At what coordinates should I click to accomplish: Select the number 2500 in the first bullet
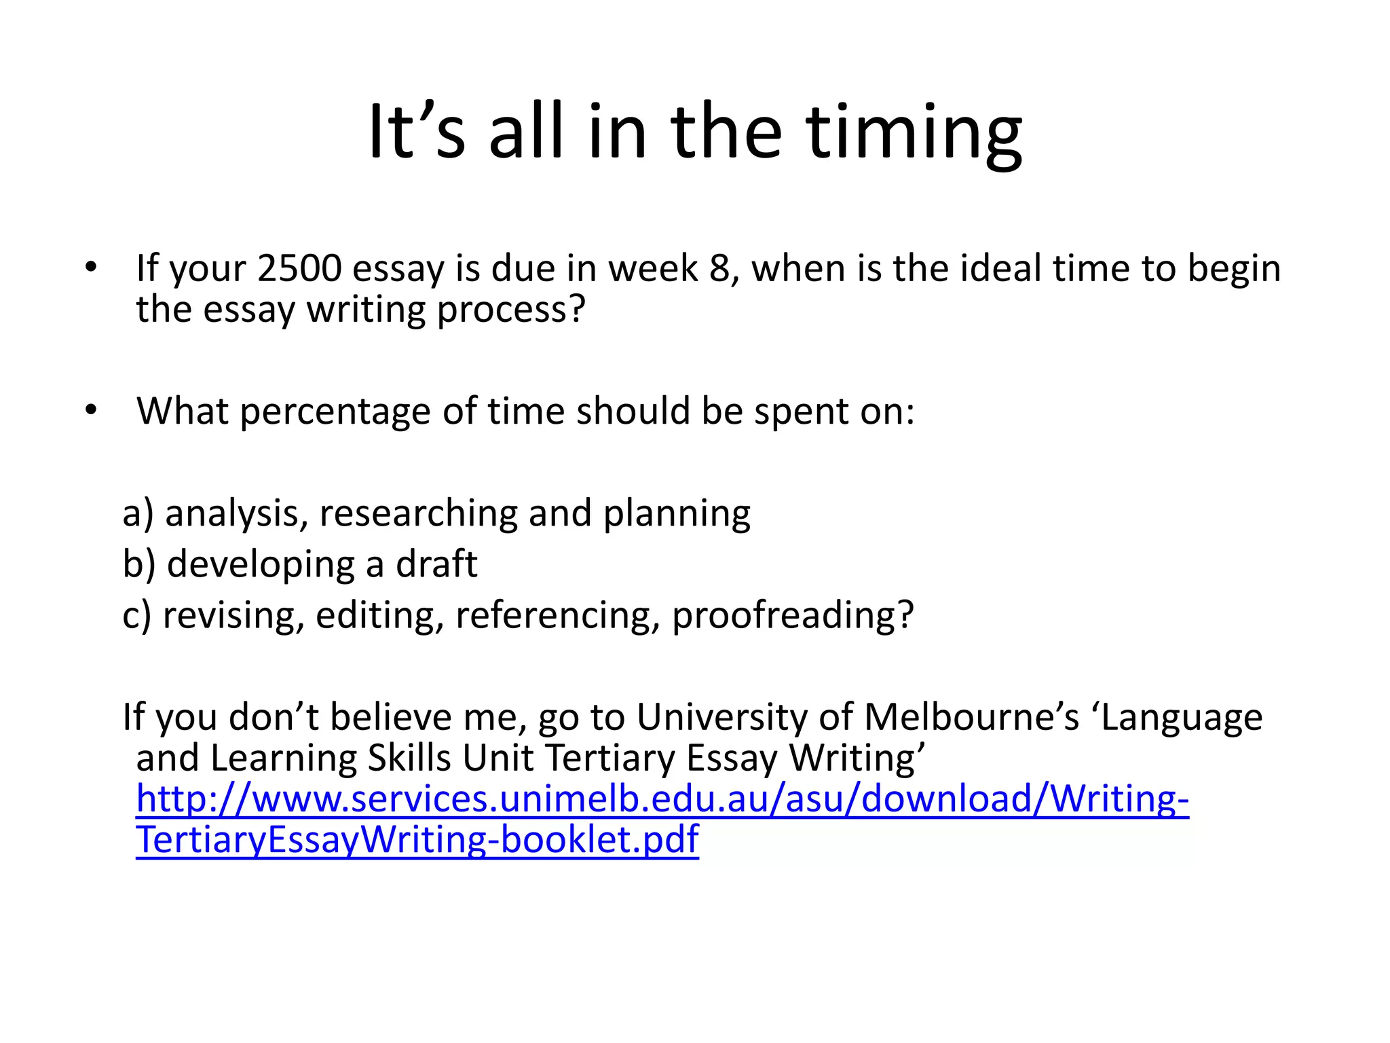[299, 268]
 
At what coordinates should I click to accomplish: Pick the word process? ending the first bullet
[510, 310]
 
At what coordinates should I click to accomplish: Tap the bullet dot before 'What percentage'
[91, 410]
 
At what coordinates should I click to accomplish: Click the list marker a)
[138, 513]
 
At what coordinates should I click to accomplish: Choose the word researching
[418, 513]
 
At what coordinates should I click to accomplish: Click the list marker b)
[139, 564]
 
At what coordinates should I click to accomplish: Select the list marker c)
[137, 615]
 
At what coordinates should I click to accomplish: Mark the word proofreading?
[793, 616]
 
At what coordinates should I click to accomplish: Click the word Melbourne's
[971, 717]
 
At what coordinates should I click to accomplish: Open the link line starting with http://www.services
[662, 799]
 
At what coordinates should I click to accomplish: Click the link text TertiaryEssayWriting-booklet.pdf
[417, 840]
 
